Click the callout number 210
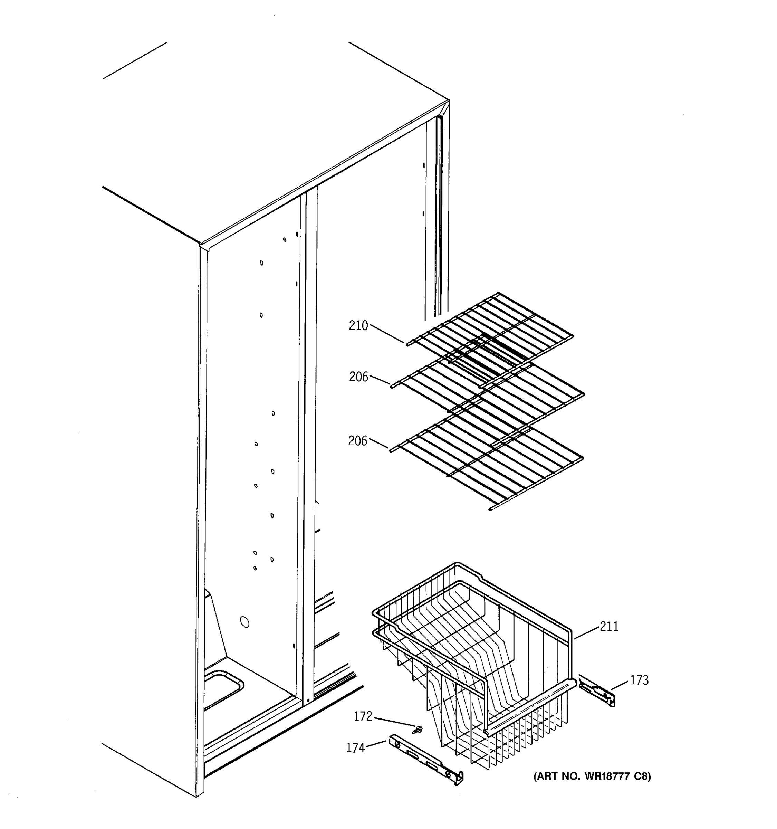click(x=358, y=325)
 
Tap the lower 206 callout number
click(x=358, y=441)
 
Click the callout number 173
click(x=639, y=680)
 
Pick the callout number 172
click(x=363, y=716)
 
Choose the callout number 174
click(x=355, y=748)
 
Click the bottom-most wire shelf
click(x=488, y=463)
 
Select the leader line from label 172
click(x=394, y=722)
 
